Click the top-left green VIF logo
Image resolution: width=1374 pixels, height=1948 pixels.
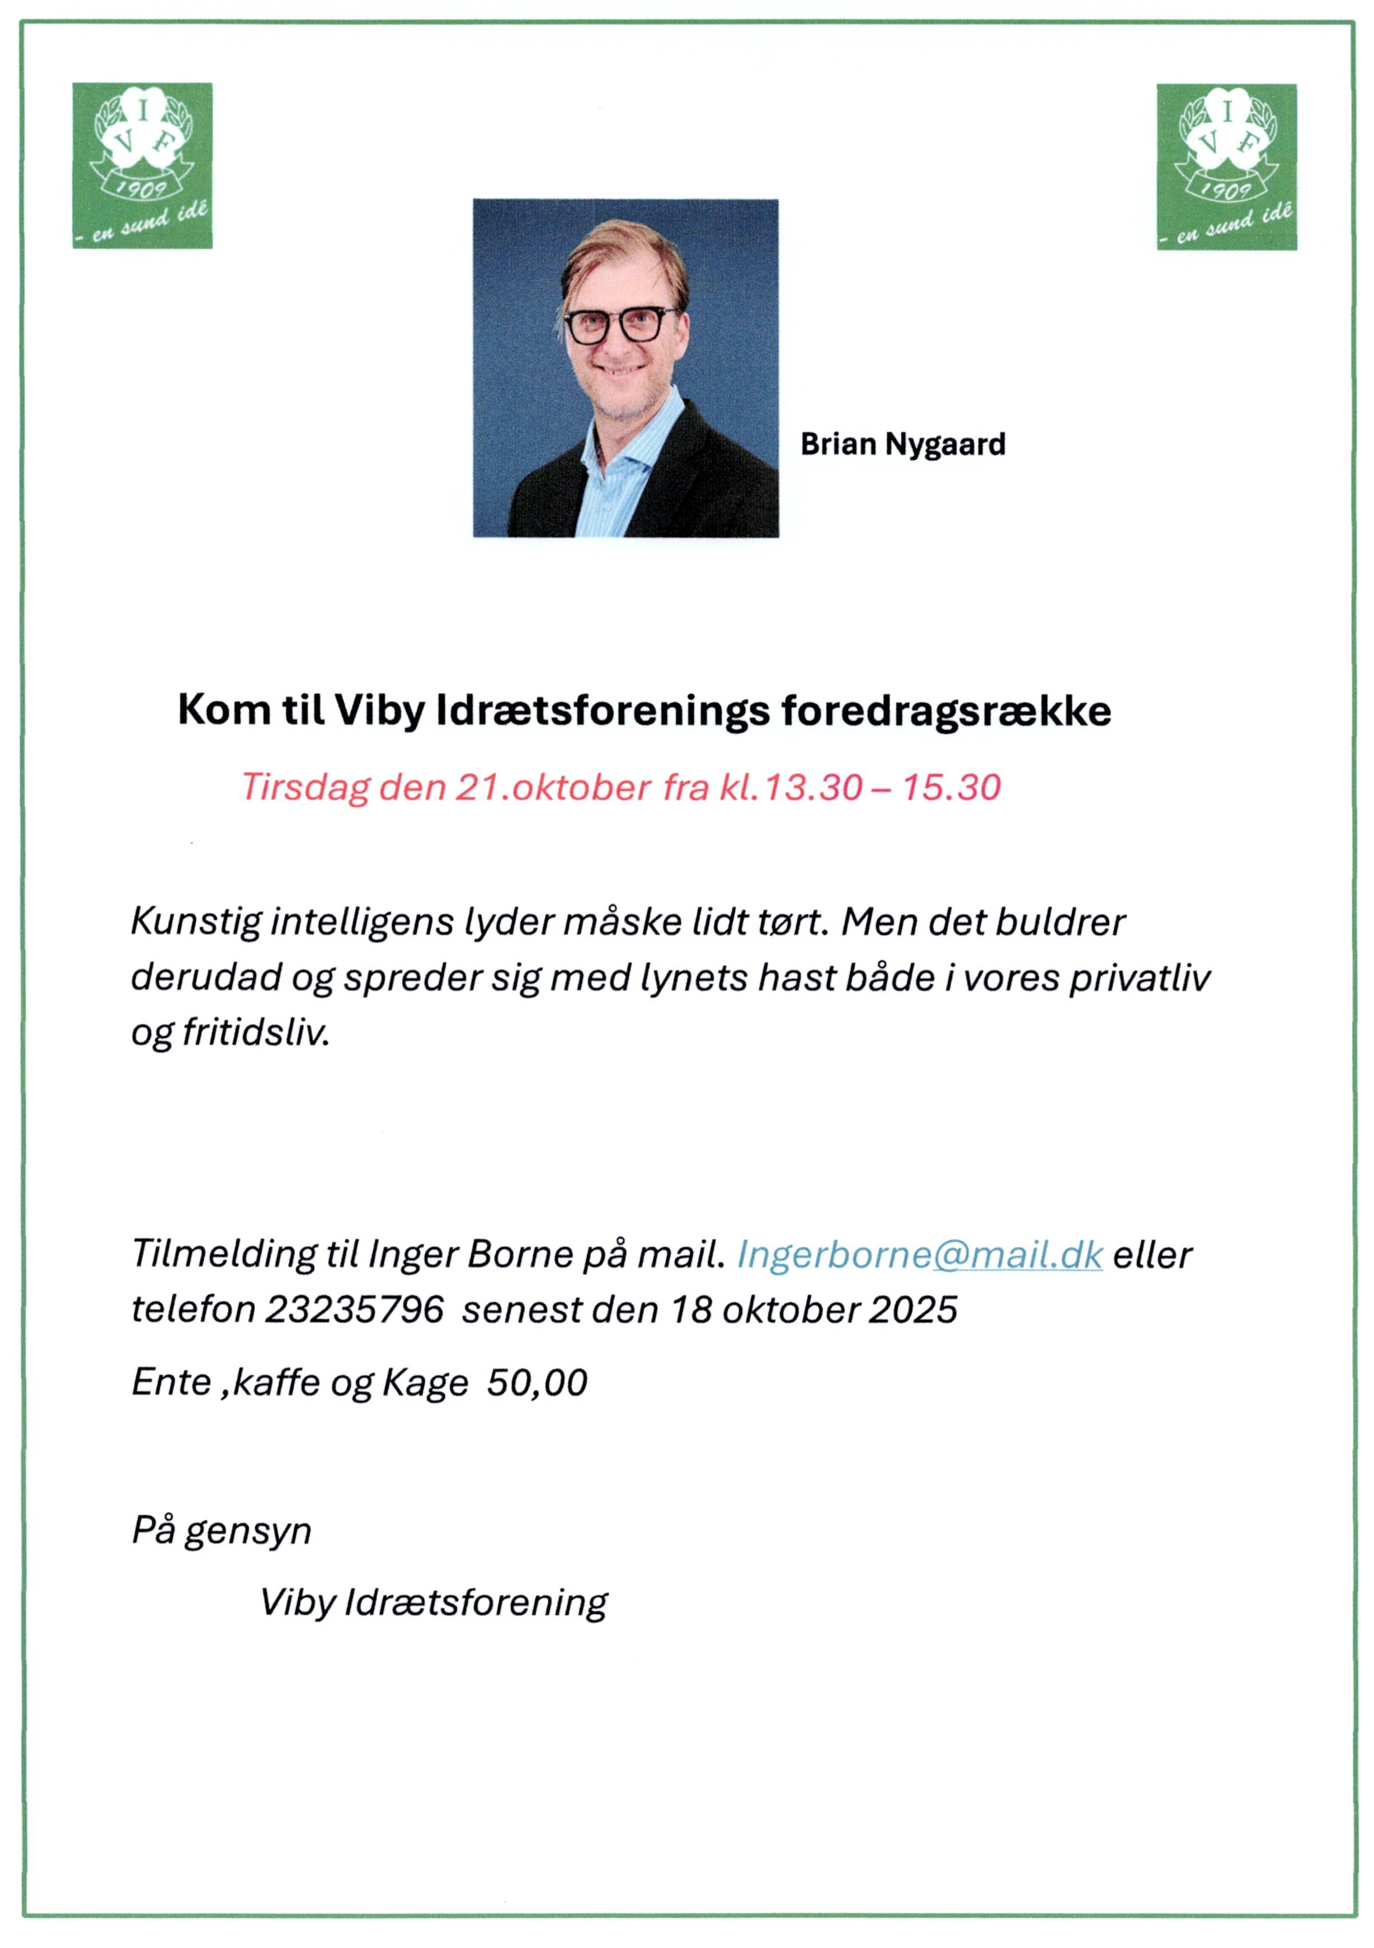click(x=142, y=166)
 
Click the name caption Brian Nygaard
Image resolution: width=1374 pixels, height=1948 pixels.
click(x=902, y=444)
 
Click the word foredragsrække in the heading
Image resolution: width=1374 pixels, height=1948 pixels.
click(x=945, y=711)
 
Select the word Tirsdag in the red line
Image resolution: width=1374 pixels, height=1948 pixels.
click(x=305, y=787)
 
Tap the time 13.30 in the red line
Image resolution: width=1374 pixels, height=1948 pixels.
click(x=813, y=787)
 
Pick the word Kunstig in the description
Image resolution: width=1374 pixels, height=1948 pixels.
click(x=195, y=922)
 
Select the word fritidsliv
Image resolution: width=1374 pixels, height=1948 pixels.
click(x=256, y=1033)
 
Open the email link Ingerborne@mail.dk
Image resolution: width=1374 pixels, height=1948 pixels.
click(x=919, y=1255)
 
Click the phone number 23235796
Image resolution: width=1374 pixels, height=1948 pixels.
click(x=354, y=1310)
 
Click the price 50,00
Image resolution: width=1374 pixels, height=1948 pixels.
click(x=537, y=1383)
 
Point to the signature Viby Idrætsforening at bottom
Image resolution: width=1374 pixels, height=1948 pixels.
click(x=434, y=1602)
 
